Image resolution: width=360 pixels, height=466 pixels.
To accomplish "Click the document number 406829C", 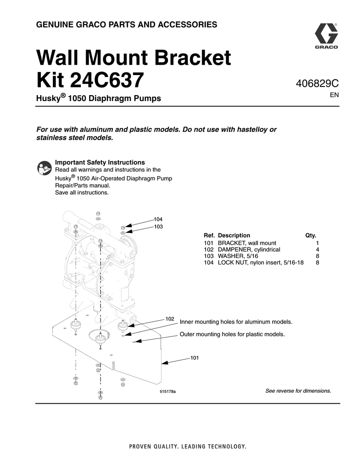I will click(317, 84).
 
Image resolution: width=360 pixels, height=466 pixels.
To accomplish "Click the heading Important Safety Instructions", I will click(100, 162).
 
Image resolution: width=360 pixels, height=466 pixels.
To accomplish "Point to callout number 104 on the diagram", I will click(158, 219).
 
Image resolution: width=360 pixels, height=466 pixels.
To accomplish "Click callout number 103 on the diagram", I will click(158, 227).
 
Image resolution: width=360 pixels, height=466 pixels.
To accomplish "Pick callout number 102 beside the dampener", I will click(170, 319).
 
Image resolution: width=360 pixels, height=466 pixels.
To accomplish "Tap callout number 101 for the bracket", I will click(195, 358).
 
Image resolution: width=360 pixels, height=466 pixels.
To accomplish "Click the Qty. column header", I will click(310, 235).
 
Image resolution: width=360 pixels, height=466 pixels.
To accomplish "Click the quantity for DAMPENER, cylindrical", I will click(317, 250).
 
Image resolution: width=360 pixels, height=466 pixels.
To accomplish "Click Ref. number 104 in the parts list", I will click(209, 263).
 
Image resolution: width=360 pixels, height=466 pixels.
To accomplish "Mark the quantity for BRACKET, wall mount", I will click(317, 243).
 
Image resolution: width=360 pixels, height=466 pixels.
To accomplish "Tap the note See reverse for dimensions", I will click(298, 391).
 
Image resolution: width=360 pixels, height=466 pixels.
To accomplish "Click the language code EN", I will click(335, 96).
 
